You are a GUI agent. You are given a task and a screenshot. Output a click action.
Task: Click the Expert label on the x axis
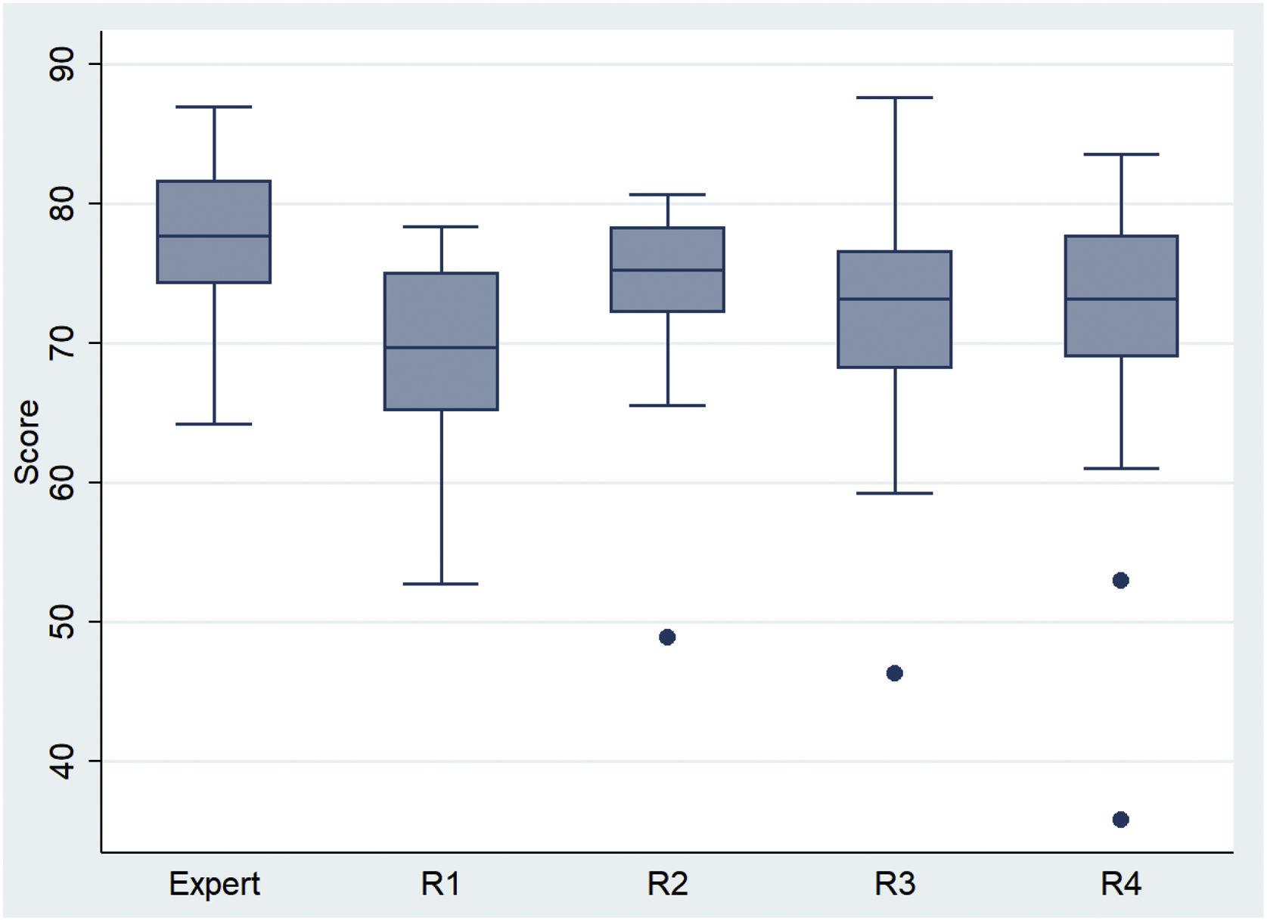point(214,883)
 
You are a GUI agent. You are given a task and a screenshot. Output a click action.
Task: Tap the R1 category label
point(440,883)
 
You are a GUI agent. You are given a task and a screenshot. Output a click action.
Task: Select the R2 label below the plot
point(667,883)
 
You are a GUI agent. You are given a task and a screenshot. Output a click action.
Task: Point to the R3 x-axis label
point(895,883)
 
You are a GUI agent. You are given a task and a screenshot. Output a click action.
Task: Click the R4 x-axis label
point(1120,883)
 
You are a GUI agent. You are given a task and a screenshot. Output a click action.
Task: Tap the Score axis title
point(27,442)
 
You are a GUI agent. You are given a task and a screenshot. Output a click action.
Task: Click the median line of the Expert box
point(214,236)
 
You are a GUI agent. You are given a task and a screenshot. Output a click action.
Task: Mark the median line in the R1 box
point(441,347)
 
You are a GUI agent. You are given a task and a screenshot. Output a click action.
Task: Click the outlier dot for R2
point(667,637)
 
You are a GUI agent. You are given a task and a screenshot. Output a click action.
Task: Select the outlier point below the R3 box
point(894,673)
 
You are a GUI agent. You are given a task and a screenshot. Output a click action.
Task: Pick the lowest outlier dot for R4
point(1120,820)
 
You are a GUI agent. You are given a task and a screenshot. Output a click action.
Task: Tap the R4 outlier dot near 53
point(1120,580)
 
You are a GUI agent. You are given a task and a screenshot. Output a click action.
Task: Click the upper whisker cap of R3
point(895,98)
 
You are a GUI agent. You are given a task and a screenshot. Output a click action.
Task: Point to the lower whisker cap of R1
point(441,584)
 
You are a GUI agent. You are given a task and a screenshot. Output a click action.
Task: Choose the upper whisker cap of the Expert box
point(214,107)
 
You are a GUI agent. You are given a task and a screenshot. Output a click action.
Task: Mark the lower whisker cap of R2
point(667,405)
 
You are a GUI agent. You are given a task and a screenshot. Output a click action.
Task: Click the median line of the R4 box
point(1121,299)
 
